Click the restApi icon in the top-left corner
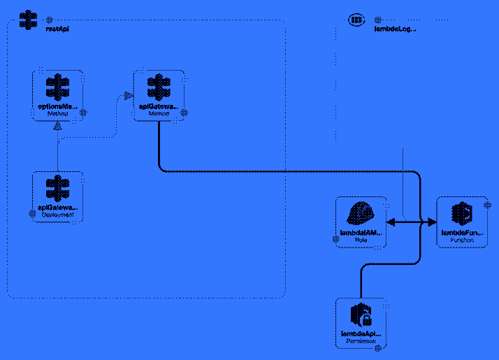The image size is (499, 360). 27,20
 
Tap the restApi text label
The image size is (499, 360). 57,29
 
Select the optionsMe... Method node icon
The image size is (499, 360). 57,88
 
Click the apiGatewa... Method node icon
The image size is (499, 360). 159,88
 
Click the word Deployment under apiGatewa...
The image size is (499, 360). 57,215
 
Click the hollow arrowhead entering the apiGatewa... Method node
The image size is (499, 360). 128,96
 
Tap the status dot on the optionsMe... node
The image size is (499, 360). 82,112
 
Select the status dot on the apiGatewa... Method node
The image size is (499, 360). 185,112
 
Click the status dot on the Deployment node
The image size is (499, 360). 32,214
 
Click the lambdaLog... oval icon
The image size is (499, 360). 356,20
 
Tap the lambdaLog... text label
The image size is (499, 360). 396,29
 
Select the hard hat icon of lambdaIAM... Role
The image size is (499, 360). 361,213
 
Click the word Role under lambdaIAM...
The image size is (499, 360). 361,240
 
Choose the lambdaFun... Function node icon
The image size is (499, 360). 462,213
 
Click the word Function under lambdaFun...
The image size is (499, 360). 462,240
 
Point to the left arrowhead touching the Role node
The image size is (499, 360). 391,222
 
